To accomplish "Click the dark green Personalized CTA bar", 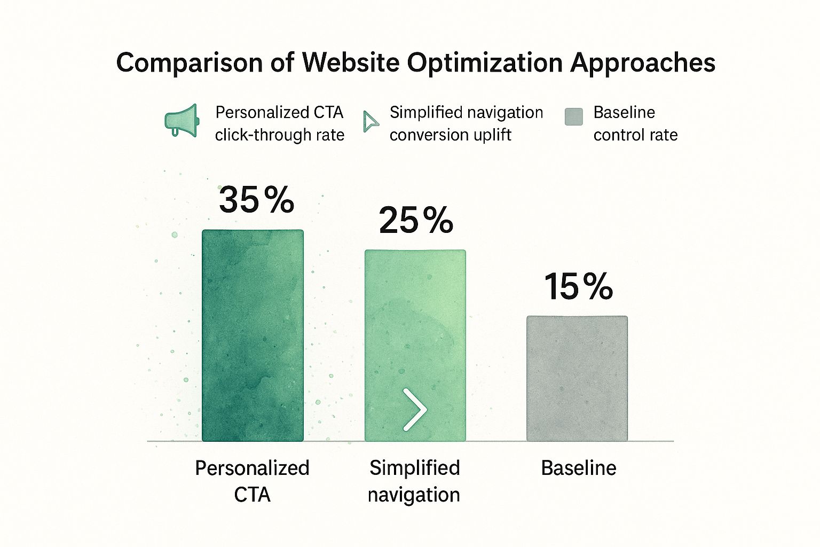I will (x=253, y=335).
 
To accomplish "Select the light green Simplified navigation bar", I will (x=415, y=331).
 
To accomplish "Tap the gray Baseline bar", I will (x=577, y=378).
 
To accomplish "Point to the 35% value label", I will (x=256, y=200).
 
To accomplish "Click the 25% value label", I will (x=416, y=220).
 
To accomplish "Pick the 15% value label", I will (x=579, y=286).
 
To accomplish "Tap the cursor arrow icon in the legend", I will (x=370, y=121).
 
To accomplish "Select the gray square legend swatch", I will (x=573, y=116).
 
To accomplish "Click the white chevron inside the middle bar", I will (x=415, y=410).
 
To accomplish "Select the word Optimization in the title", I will (x=485, y=63).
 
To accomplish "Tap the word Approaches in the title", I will (x=643, y=63).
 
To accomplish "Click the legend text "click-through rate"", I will (x=279, y=135).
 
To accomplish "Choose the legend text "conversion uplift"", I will (x=450, y=135).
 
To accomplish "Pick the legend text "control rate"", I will (x=635, y=135).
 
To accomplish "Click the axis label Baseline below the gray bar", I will (x=579, y=468).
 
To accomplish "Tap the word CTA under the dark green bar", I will (x=252, y=495).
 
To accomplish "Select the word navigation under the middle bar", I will (x=414, y=495).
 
